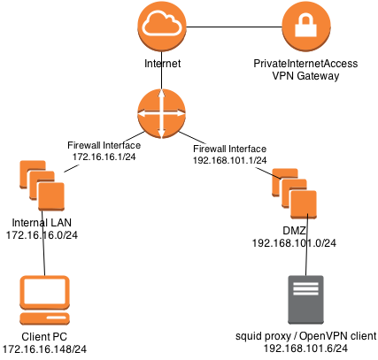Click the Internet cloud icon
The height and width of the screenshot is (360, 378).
tap(162, 27)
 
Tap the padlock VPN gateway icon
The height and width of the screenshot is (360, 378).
tap(306, 27)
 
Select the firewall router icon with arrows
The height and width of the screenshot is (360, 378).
tap(162, 113)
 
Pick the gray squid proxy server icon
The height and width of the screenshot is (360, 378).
tap(305, 300)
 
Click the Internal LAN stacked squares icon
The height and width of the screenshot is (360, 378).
tap(42, 186)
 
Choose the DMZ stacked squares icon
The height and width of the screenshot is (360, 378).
tap(294, 194)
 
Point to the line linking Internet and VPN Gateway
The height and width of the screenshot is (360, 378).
tap(234, 27)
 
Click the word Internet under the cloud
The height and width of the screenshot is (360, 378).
tap(162, 64)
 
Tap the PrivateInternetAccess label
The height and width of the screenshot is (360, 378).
tap(305, 64)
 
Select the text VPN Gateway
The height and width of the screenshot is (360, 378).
tap(305, 76)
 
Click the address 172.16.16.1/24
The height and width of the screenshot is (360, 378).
tap(104, 157)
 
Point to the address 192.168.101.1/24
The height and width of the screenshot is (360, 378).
tap(230, 160)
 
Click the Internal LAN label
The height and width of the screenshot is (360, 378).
tap(42, 222)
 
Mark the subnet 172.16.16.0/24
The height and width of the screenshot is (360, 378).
tap(42, 235)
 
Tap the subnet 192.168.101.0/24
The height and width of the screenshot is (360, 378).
tap(294, 243)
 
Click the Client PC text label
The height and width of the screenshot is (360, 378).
tap(44, 336)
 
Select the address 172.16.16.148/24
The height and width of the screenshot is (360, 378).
tap(44, 349)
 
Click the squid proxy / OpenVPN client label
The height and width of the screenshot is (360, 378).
tap(306, 336)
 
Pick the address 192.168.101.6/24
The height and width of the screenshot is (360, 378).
tap(305, 349)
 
